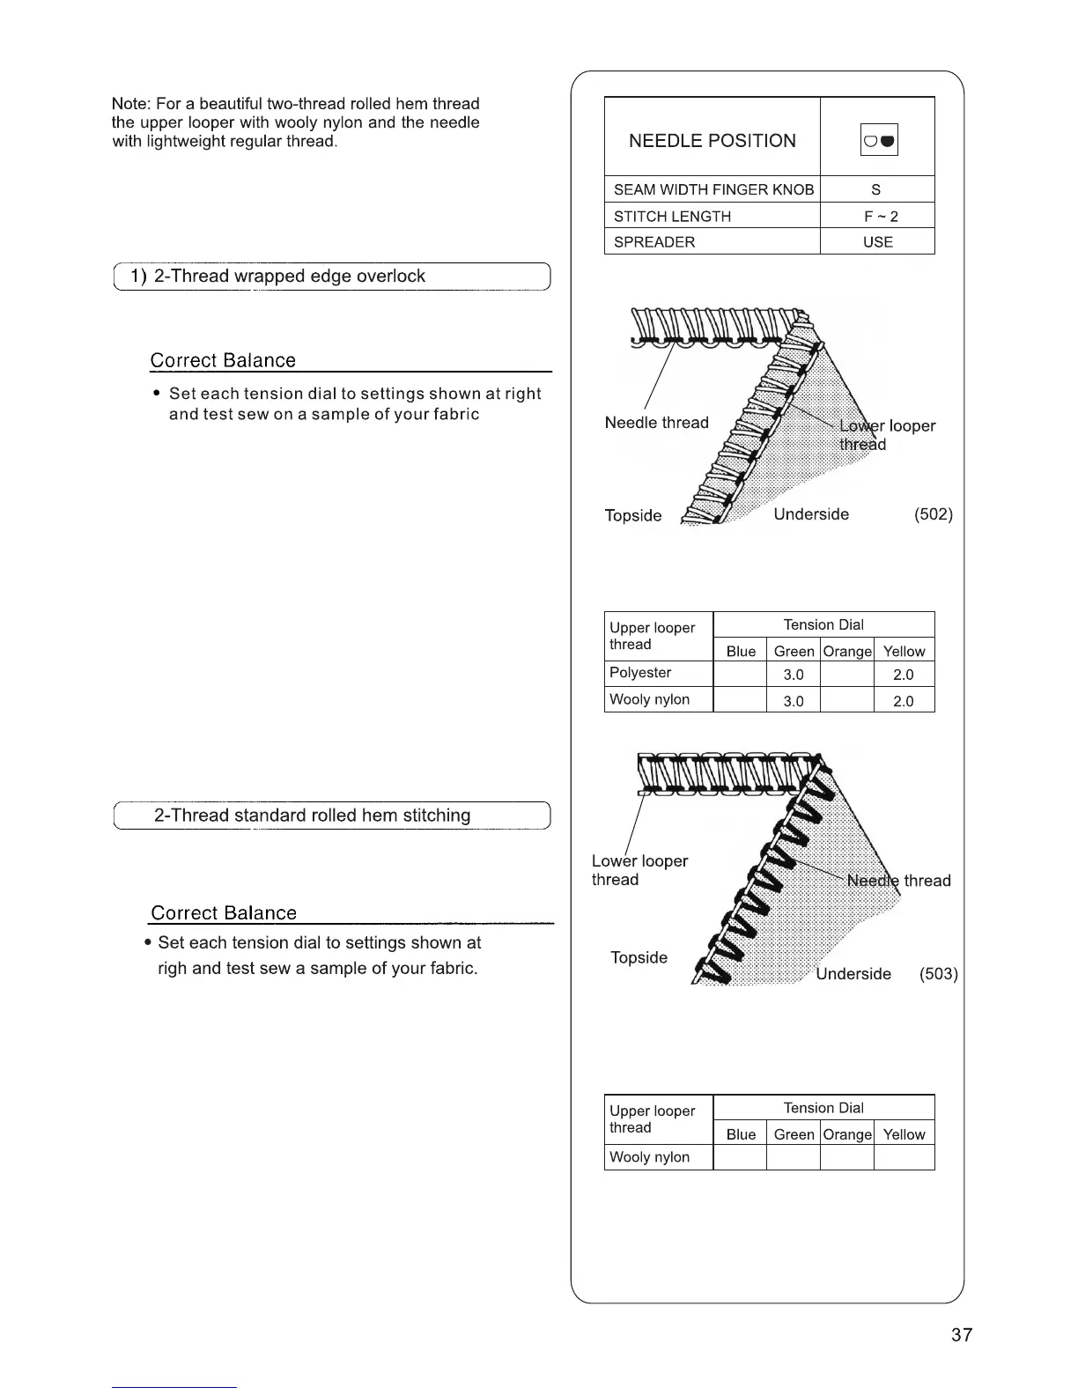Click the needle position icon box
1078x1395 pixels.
[x=878, y=140]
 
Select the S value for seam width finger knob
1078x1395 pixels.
[x=876, y=189]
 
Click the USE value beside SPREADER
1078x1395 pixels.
[x=878, y=242]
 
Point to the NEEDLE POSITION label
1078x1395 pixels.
[x=712, y=141]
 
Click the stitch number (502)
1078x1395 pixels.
[x=934, y=514]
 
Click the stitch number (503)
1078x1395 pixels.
[x=938, y=974]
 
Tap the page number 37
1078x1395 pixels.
[x=962, y=1335]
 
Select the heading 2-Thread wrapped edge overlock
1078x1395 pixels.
[x=289, y=277]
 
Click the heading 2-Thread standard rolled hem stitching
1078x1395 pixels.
[x=312, y=816]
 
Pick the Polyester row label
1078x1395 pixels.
[x=640, y=673]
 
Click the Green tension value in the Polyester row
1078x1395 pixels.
[x=794, y=675]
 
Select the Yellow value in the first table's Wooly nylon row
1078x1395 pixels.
[x=904, y=701]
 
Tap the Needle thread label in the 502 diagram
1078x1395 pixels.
[x=656, y=423]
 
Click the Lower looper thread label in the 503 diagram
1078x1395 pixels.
[x=639, y=870]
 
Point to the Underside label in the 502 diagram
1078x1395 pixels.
[x=811, y=514]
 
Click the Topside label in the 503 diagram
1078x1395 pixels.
[x=639, y=957]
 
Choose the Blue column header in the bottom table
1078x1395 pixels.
[x=741, y=1134]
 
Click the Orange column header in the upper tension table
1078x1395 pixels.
[x=846, y=652]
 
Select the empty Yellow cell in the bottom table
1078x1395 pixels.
[x=904, y=1157]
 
